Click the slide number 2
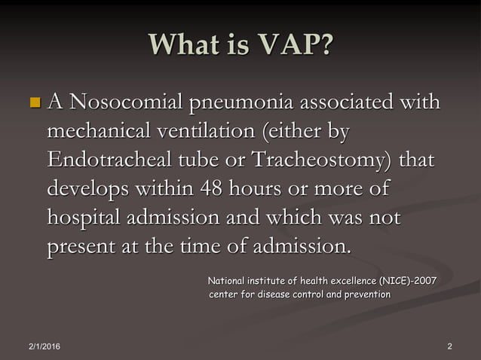click(449, 346)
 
